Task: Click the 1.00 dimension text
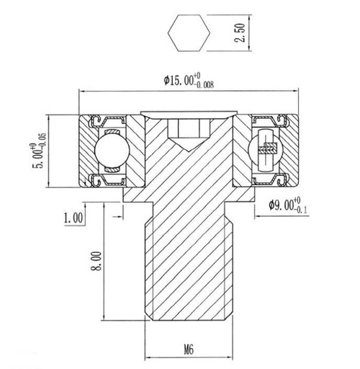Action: coord(74,215)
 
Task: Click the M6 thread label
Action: coord(189,350)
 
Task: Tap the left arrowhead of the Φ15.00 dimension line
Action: coord(81,92)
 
